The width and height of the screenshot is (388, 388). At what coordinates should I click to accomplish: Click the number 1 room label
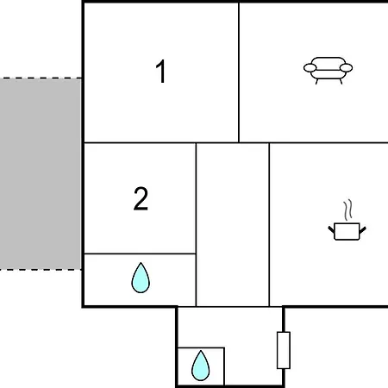click(160, 71)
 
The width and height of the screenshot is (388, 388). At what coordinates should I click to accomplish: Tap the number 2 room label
click(141, 198)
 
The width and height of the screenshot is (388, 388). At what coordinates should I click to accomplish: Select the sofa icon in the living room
click(328, 71)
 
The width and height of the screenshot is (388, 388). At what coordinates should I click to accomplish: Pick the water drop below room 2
click(141, 278)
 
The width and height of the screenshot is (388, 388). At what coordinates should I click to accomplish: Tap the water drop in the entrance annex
click(201, 366)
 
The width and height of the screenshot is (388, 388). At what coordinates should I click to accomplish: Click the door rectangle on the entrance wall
click(284, 350)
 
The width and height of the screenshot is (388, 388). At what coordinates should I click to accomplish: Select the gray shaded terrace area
click(41, 174)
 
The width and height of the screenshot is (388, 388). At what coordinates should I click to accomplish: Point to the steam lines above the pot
click(347, 210)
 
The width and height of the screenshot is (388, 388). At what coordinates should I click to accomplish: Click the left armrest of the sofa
click(310, 68)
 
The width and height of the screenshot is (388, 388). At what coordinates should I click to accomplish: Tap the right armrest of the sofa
click(346, 68)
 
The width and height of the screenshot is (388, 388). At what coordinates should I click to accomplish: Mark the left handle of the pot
click(331, 229)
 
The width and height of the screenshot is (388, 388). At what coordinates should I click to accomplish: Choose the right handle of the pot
click(363, 229)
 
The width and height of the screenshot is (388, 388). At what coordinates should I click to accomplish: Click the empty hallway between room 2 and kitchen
click(233, 224)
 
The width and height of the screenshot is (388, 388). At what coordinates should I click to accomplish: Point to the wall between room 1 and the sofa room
click(239, 72)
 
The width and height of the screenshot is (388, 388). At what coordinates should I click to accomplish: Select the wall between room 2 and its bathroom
click(140, 253)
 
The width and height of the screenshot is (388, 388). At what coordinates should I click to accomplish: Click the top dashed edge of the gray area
click(41, 78)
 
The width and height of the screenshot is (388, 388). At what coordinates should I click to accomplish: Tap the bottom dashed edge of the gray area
click(41, 270)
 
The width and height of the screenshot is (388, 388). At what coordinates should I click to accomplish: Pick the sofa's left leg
click(317, 81)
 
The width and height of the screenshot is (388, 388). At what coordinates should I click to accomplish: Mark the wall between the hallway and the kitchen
click(269, 224)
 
